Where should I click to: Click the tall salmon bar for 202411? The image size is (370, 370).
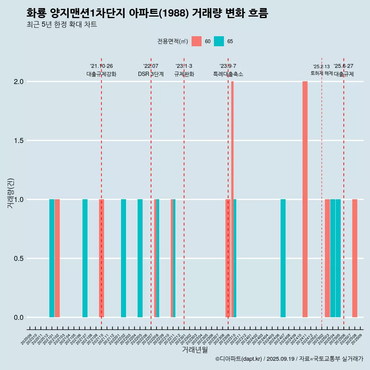(x=305, y=199)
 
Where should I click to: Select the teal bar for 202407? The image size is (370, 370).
(x=283, y=258)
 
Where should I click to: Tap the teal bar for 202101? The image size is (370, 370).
(x=52, y=258)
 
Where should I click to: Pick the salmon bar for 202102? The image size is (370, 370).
(x=57, y=258)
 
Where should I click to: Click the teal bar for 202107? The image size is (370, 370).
(x=85, y=258)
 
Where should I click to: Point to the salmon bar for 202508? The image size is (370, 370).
(x=355, y=258)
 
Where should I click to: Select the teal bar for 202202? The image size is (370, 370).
(x=123, y=258)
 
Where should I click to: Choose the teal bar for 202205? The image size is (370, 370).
(x=140, y=258)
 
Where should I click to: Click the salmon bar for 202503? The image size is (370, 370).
(x=327, y=258)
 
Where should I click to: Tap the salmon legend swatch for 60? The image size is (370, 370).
(x=197, y=41)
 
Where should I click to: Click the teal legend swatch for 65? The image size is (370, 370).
(x=219, y=41)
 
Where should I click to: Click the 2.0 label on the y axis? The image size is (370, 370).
(x=18, y=82)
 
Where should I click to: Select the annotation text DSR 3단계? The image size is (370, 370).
(x=151, y=74)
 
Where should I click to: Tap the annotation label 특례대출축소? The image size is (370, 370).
(x=228, y=74)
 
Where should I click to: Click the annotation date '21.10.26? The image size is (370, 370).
(x=101, y=66)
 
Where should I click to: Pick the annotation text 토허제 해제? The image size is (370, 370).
(x=321, y=73)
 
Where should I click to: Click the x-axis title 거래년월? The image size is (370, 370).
(x=195, y=350)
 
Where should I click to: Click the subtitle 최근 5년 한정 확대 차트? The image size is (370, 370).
(x=62, y=25)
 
